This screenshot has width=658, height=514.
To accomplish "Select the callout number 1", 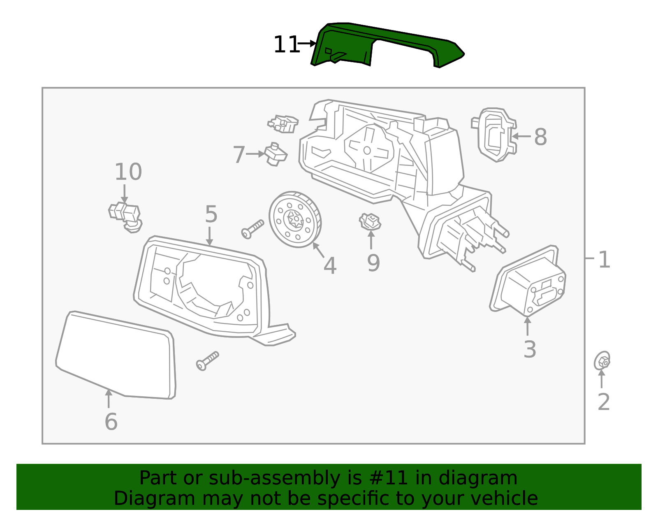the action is click(x=604, y=260).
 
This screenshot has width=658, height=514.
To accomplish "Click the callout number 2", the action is click(x=603, y=402).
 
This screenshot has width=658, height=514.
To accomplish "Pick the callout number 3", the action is click(x=530, y=349).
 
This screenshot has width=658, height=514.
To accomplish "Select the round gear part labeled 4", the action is click(x=295, y=220).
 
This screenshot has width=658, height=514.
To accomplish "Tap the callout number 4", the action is click(x=330, y=266).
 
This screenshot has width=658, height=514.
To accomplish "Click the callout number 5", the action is click(x=211, y=214).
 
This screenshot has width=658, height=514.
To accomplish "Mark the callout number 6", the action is click(x=111, y=422).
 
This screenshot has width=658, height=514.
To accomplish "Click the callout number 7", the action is click(x=239, y=155).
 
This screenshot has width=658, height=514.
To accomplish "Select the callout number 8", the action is click(x=540, y=137).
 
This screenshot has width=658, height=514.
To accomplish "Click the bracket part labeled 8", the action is click(x=495, y=135).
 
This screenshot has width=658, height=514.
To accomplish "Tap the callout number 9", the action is click(x=373, y=263).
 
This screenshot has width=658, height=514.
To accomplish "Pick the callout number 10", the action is click(x=128, y=172).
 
